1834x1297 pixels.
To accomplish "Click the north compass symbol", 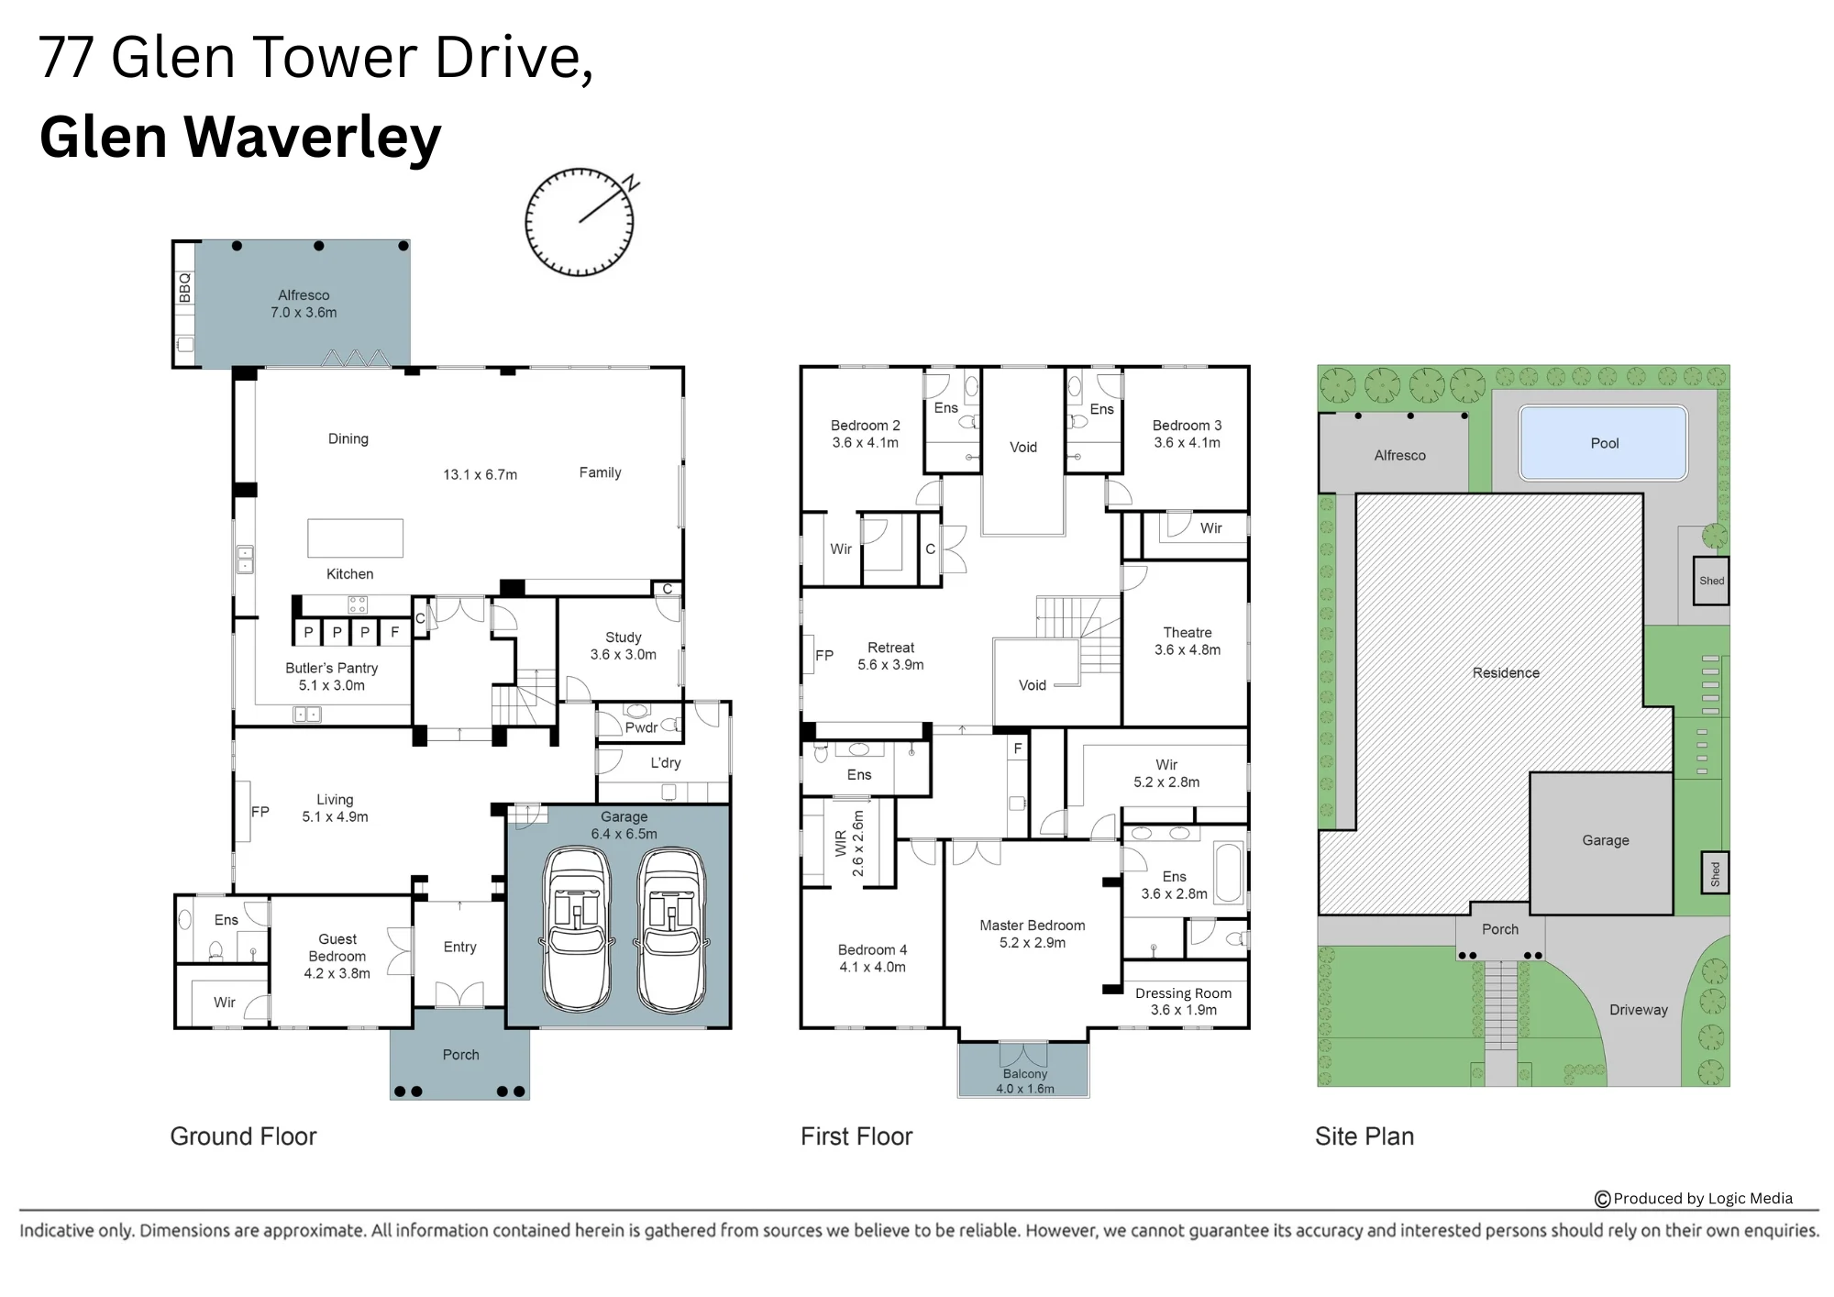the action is click(580, 222).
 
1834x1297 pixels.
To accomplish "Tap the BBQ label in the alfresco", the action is click(185, 287).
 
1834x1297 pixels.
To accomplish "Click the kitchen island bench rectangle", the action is click(355, 538).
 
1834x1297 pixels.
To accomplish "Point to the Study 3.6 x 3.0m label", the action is click(624, 646).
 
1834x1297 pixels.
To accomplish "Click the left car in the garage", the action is click(577, 929).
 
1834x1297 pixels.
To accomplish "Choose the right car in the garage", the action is click(671, 929).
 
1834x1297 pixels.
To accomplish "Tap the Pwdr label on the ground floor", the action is click(641, 727).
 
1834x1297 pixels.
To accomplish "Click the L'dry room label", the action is click(666, 762).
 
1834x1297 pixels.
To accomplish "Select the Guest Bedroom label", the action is click(337, 956).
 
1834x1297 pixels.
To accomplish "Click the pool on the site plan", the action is click(1603, 443).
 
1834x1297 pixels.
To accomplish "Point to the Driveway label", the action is click(1639, 1010).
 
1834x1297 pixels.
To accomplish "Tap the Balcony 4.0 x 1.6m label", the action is click(1025, 1081).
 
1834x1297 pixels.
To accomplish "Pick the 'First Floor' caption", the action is click(856, 1136).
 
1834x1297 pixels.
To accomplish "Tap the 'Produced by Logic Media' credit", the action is click(1694, 1199).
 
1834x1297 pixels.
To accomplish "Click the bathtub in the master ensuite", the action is click(1229, 872).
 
